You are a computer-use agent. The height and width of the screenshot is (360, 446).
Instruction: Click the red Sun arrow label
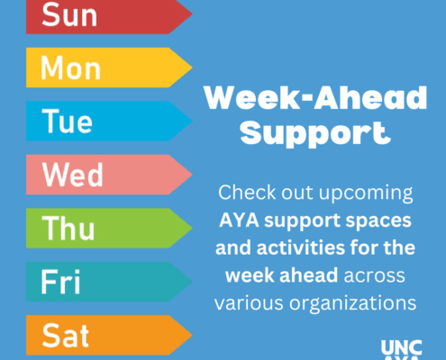[x=69, y=15]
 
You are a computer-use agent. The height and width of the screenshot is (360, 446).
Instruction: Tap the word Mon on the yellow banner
[x=70, y=68]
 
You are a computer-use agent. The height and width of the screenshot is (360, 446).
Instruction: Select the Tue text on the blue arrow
[x=67, y=121]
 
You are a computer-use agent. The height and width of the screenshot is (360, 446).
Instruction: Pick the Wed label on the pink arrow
[x=73, y=175]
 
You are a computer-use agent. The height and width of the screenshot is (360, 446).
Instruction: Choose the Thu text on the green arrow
[x=68, y=228]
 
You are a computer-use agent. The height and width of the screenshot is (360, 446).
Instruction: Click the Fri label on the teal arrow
[x=60, y=282]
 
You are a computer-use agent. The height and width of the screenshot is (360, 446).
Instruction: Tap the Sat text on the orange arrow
[x=66, y=336]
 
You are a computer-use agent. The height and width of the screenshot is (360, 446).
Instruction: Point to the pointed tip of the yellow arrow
[x=192, y=67]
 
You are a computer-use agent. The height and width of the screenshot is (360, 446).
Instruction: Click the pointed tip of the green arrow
[x=192, y=228]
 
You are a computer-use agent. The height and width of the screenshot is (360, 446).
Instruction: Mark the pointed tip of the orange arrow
[x=192, y=335]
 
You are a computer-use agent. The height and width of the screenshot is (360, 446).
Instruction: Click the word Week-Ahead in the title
[x=315, y=97]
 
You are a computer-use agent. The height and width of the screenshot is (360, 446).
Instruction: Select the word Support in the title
[x=315, y=134]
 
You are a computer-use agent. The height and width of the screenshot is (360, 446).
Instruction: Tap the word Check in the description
[x=247, y=192]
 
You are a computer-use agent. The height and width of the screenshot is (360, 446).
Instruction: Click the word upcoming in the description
[x=366, y=193]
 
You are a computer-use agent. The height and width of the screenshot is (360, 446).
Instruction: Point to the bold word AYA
[x=239, y=220]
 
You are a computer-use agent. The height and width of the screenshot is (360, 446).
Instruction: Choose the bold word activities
[x=301, y=248]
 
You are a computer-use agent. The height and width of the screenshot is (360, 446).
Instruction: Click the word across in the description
[x=375, y=276]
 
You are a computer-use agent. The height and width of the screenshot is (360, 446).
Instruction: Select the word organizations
[x=353, y=304]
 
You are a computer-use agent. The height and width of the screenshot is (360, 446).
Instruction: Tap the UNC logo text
[x=401, y=347]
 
